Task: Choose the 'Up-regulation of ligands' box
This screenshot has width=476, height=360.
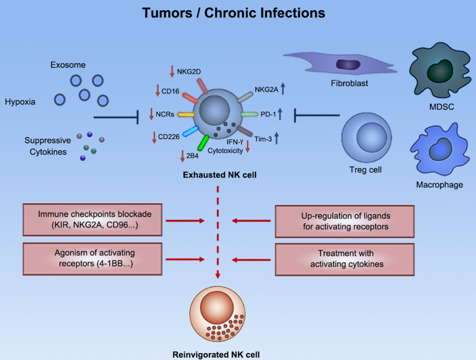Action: point(345,221)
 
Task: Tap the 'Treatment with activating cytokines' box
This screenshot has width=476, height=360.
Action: point(345,258)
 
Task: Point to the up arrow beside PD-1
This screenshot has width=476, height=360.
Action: point(280,112)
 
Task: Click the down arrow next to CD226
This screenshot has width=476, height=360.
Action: point(154,138)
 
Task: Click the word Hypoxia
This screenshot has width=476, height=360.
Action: point(19,102)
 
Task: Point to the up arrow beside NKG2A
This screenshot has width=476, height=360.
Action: point(283,89)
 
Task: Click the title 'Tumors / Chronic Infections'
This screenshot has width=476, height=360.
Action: point(234,13)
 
